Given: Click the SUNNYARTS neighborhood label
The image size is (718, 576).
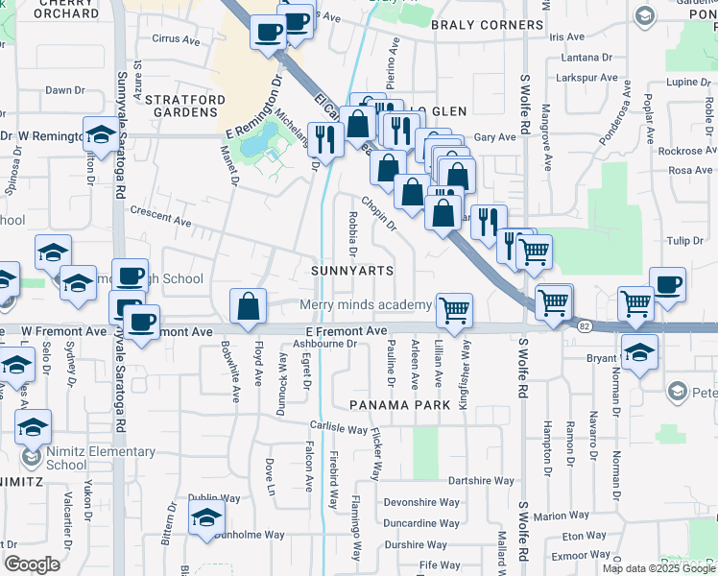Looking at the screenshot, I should coord(352,271).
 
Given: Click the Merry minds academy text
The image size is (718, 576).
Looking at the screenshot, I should coord(366,305).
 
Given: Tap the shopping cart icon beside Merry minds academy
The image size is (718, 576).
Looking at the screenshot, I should coord(454,309).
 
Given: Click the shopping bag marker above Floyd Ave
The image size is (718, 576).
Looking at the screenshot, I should coord(249,306).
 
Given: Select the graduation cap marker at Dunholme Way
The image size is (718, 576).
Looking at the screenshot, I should coord(205,518).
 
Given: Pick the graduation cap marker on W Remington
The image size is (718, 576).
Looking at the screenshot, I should coord(100,135).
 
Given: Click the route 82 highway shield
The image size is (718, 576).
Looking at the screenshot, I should coord(584,327).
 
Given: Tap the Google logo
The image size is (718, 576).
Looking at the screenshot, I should coord(32,564).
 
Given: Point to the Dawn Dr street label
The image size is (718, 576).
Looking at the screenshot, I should coord(65,90).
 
